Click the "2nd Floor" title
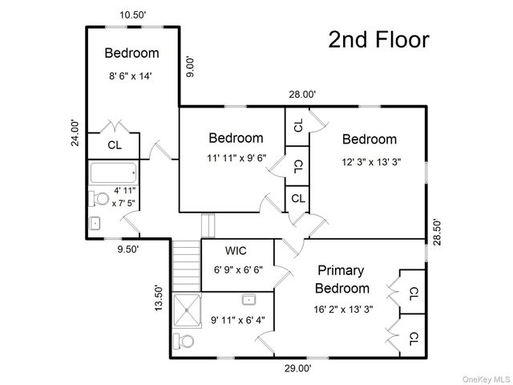[x=378, y=39]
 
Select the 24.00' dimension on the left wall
[x=75, y=133]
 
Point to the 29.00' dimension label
[x=297, y=369]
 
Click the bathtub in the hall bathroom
[x=113, y=173]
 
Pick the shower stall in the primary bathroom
[x=187, y=310]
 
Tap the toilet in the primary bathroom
[x=184, y=342]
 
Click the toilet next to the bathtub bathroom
[x=99, y=198]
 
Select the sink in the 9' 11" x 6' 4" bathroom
[x=248, y=299]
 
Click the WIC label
[x=236, y=251]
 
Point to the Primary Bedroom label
[x=342, y=280]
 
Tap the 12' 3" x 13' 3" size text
[x=371, y=162]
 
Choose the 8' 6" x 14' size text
[x=131, y=76]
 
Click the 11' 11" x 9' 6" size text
[x=236, y=158]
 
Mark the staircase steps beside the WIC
[x=186, y=265]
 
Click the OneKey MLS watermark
[x=487, y=379]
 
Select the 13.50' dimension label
[x=159, y=298]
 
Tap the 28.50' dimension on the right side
[x=437, y=232]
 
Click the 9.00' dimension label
[x=190, y=67]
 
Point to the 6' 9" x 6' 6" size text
[x=238, y=270]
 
